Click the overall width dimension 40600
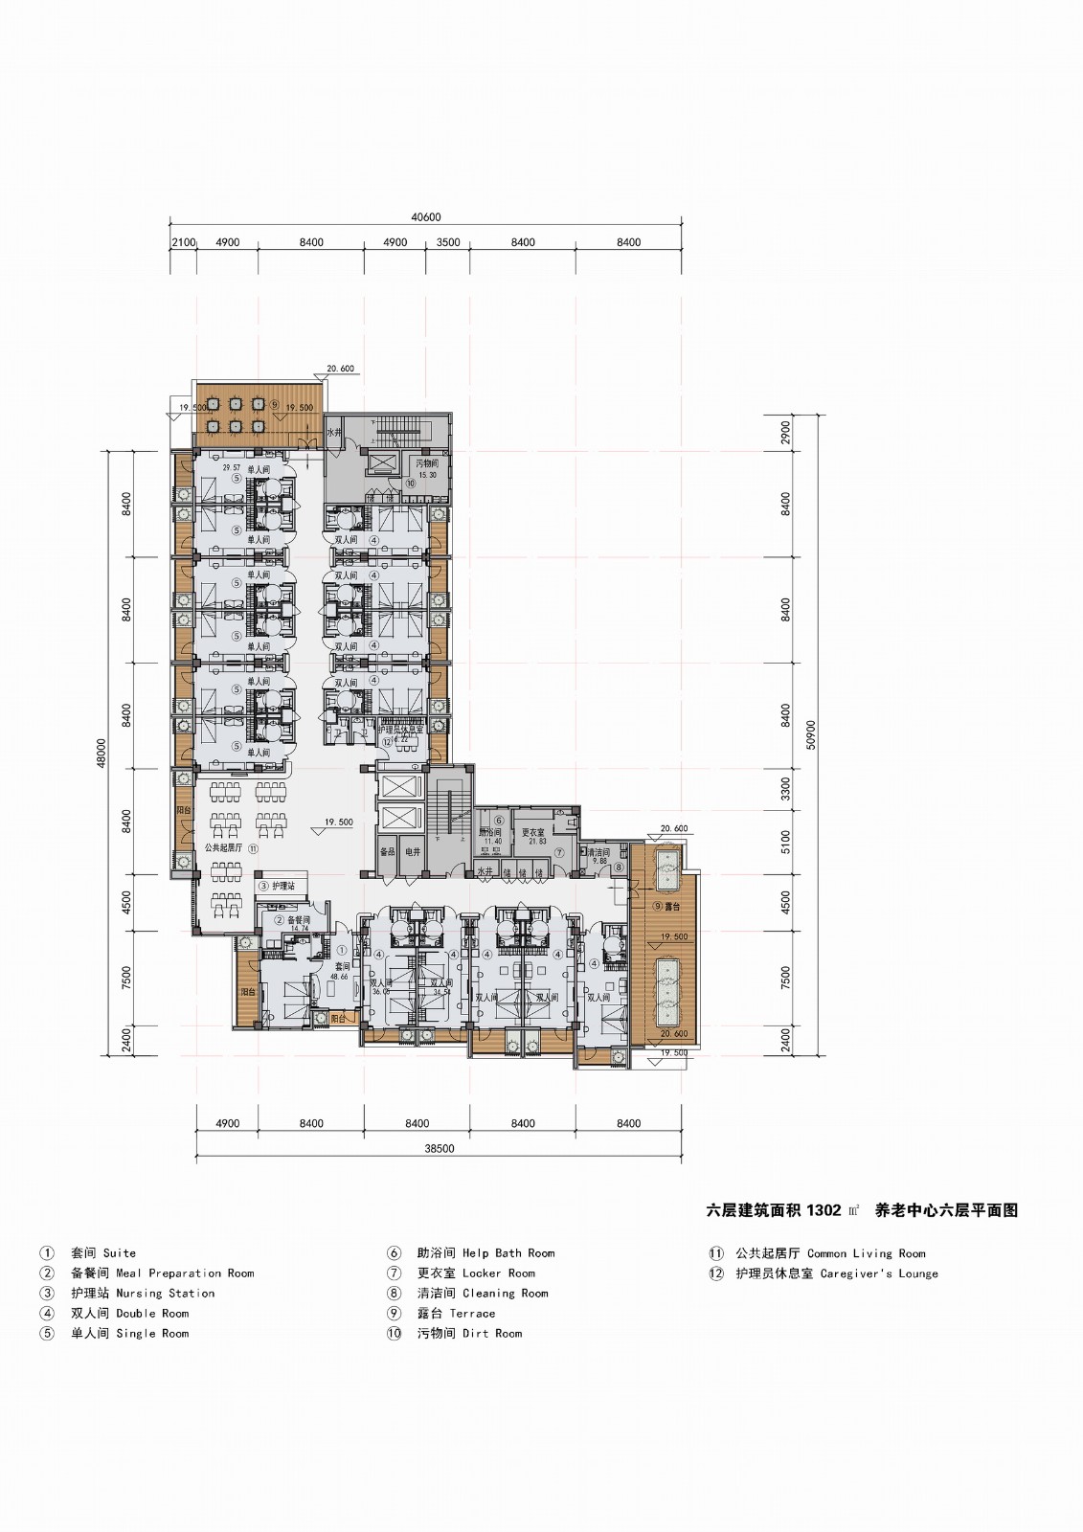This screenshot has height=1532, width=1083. pos(426,217)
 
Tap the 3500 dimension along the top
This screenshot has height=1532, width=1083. pos(448,242)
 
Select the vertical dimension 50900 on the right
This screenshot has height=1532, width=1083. pos(811,735)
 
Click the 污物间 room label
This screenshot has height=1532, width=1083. pos(426,463)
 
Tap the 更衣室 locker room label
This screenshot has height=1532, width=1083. pos(533,833)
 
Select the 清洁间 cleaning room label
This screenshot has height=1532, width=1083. pos(598,851)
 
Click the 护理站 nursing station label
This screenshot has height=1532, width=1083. pos(283,887)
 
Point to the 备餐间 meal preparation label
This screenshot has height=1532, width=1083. pos(299,919)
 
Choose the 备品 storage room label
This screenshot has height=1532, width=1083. pos(387,850)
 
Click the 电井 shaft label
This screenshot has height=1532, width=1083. pos(413,850)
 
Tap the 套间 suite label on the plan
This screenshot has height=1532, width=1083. pos(341,967)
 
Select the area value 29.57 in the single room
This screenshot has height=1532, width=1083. pos(232,468)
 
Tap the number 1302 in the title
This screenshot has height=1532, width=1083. pos(824,1210)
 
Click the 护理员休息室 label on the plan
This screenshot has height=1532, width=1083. pos(401,730)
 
